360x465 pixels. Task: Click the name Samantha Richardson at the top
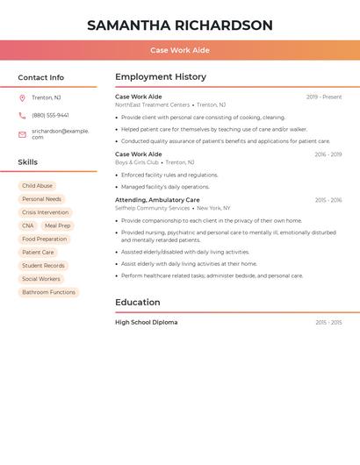179,25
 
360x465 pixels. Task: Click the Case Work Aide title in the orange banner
179,50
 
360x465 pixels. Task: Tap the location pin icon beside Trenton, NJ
22,97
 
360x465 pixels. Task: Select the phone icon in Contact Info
22,115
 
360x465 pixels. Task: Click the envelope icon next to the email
22,134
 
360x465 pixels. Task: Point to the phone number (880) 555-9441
50,115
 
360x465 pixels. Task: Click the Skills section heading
28,162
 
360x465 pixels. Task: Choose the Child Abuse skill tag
37,186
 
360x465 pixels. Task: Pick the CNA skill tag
28,225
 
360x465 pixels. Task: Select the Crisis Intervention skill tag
45,212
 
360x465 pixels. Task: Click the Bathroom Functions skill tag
48,292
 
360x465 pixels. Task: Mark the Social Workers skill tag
41,279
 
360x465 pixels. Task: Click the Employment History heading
160,77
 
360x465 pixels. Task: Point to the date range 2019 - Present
324,97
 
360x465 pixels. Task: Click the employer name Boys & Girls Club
136,162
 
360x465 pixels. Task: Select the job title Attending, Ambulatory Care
157,200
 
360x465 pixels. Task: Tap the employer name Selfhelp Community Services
152,208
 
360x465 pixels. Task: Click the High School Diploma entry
146,322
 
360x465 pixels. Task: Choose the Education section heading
137,303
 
